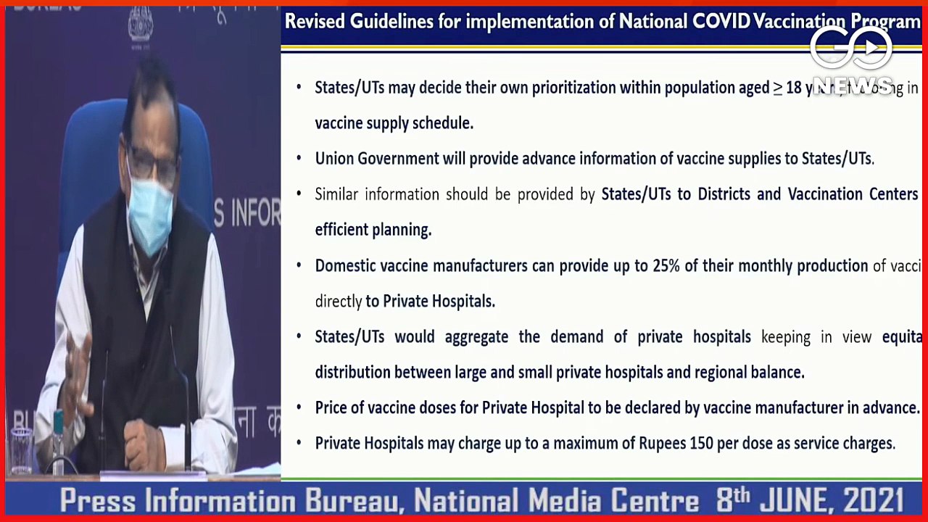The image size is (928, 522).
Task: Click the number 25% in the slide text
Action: tap(666, 266)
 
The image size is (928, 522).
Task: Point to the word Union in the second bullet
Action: tap(333, 159)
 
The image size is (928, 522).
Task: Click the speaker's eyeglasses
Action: tap(152, 163)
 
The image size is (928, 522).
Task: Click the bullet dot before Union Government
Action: tap(299, 159)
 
